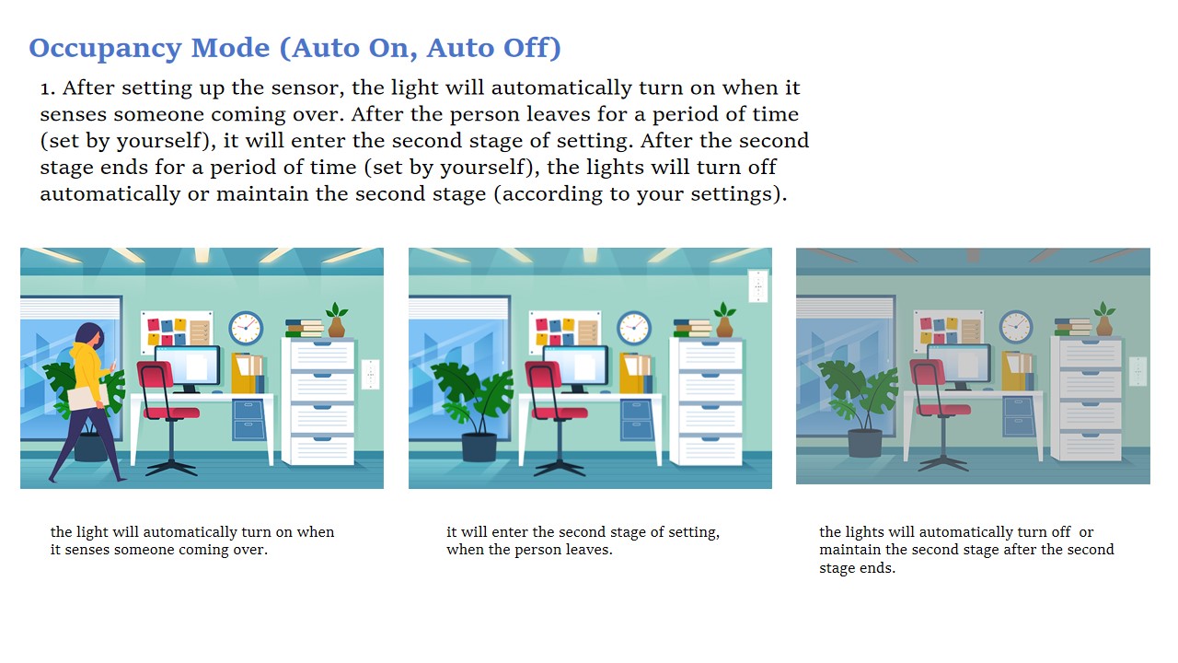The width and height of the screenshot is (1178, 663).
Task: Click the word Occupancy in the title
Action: (x=105, y=49)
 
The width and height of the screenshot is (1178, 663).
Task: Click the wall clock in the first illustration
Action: (x=246, y=327)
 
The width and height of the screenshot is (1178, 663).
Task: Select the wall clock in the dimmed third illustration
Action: (x=1015, y=326)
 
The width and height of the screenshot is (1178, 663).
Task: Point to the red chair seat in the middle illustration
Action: (x=560, y=413)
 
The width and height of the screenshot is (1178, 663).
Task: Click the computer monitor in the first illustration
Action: (x=188, y=366)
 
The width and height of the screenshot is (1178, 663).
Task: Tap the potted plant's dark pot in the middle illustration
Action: (x=479, y=447)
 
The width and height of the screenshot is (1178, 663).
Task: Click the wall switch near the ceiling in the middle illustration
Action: (x=757, y=286)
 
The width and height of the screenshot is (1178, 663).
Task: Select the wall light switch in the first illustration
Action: (x=370, y=374)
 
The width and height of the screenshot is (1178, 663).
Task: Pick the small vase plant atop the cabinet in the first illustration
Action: (x=336, y=320)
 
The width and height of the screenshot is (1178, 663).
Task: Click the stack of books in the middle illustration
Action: (x=693, y=328)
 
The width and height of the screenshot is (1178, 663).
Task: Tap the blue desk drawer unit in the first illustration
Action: (x=249, y=419)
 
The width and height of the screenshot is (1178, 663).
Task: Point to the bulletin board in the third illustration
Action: (x=948, y=329)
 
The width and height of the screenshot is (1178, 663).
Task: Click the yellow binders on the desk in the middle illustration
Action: (x=635, y=373)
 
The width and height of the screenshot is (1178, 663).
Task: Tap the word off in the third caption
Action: (x=1061, y=532)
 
